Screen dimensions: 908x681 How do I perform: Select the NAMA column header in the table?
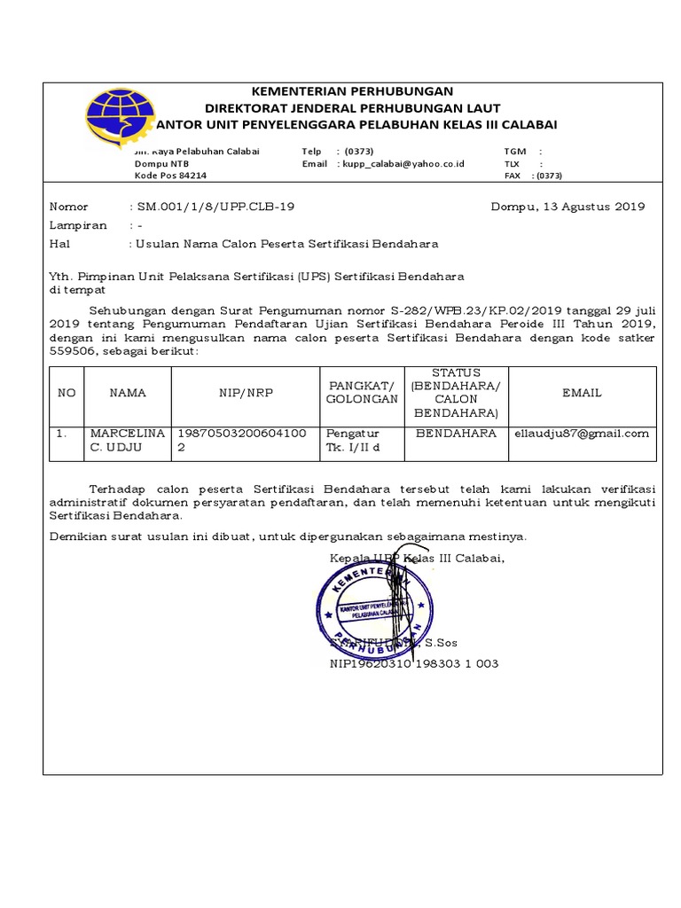pyautogui.click(x=128, y=392)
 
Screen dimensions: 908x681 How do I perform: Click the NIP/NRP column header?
pyautogui.click(x=246, y=392)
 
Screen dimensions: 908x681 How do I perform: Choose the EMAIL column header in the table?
pyautogui.click(x=582, y=392)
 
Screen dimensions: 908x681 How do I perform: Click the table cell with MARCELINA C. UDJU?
pyautogui.click(x=128, y=441)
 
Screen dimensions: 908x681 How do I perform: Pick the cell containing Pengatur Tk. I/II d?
pyautogui.click(x=354, y=441)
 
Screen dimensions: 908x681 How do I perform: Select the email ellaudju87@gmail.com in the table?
pyautogui.click(x=582, y=434)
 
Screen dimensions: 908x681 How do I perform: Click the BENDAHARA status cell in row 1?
pyautogui.click(x=456, y=434)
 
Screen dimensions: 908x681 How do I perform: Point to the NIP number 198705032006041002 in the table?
pyautogui.click(x=243, y=441)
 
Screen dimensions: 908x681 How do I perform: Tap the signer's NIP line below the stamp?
pyautogui.click(x=414, y=663)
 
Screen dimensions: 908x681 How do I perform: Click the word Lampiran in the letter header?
pyautogui.click(x=78, y=225)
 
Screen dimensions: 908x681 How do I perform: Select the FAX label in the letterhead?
pyautogui.click(x=513, y=176)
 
